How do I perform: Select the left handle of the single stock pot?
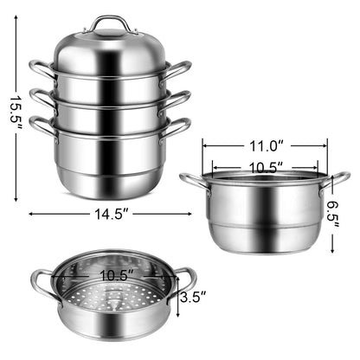tap(192, 180)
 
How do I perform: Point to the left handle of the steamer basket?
tap(42, 281)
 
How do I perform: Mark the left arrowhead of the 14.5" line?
tap(32, 213)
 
